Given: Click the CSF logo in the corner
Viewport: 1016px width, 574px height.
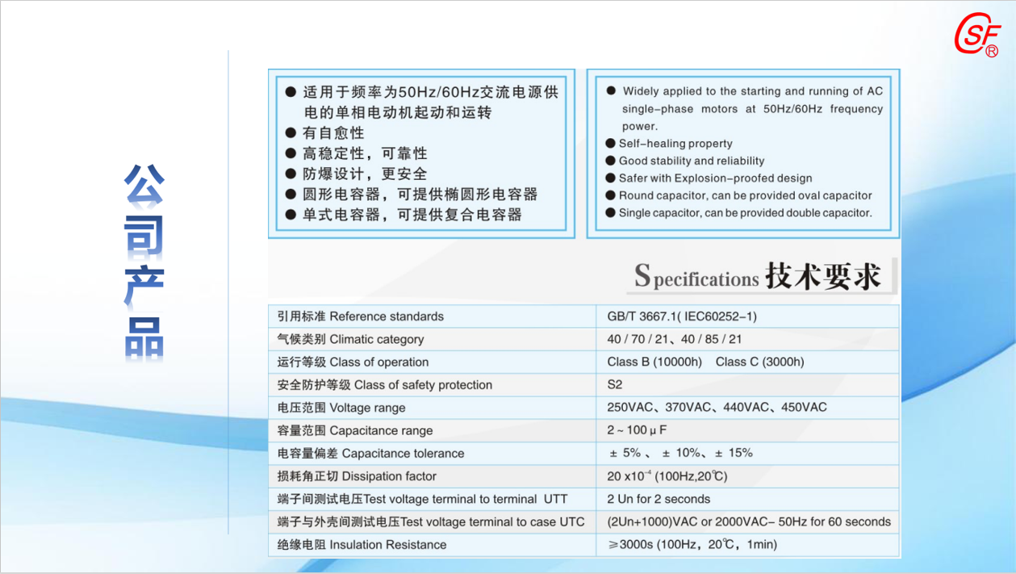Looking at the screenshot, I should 976,36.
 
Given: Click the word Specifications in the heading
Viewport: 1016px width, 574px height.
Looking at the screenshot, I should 696,277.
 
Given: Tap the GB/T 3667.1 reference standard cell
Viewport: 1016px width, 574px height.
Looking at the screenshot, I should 682,316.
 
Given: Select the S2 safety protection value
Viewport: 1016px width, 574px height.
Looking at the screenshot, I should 615,385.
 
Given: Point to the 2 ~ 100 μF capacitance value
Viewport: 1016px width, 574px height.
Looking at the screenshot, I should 637,430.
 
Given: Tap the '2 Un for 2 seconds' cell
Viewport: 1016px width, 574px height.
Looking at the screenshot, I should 659,499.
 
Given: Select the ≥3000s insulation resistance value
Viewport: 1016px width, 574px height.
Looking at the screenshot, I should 692,545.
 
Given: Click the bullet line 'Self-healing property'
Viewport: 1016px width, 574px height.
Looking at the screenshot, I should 675,144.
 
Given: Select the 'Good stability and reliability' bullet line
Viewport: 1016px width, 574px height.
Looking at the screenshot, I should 692,161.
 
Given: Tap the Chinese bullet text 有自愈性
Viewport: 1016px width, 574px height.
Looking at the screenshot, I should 333,133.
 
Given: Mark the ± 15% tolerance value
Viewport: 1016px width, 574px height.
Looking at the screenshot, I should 734,453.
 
